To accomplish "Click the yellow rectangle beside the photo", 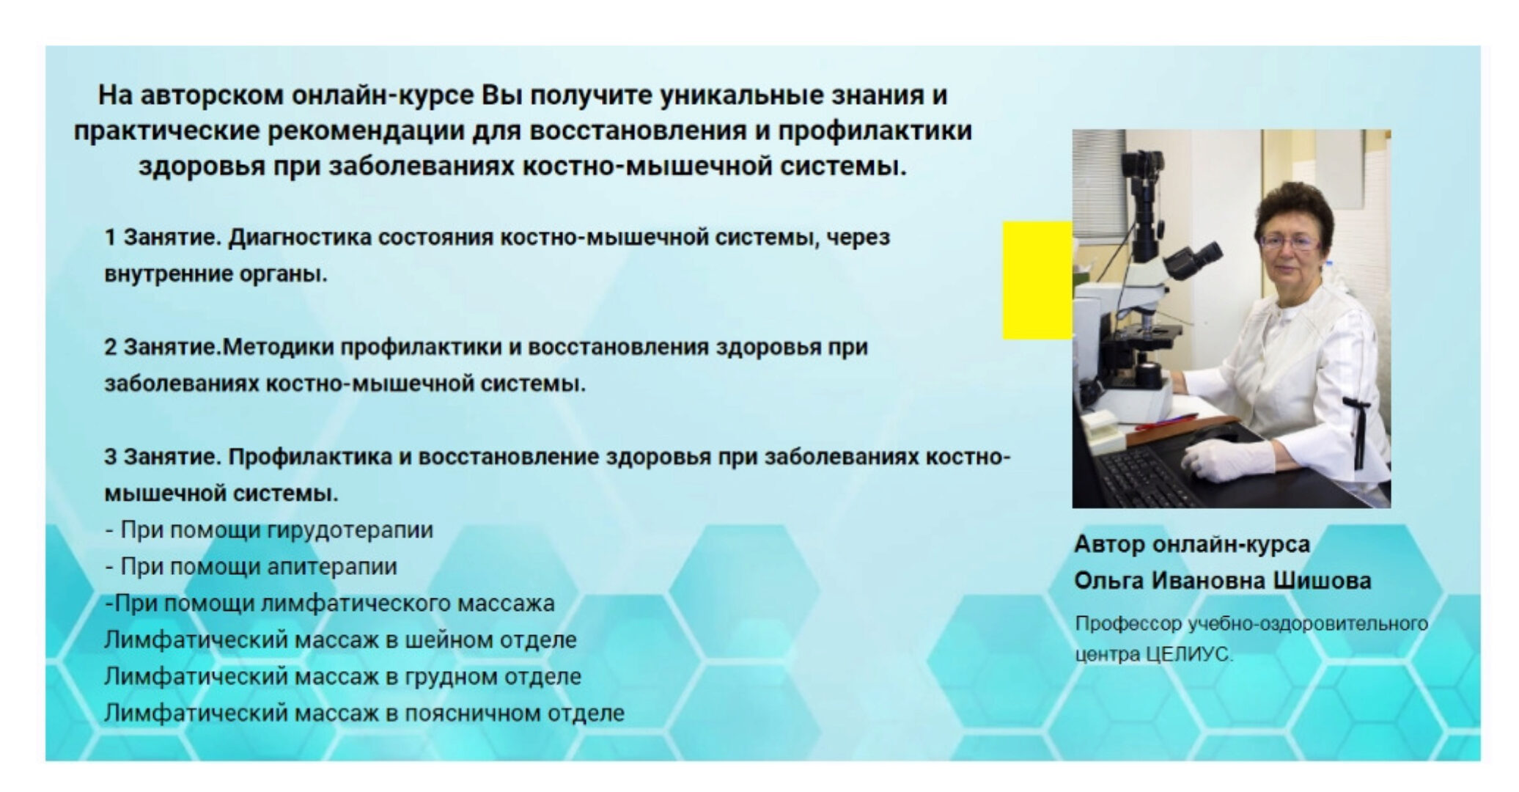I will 1037,280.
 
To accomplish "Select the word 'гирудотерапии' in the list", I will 350,530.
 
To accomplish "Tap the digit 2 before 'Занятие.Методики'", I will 110,347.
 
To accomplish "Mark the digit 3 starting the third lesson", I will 110,457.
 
